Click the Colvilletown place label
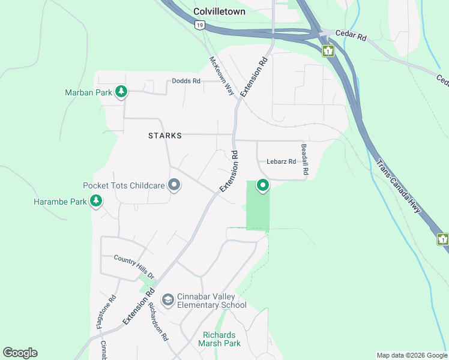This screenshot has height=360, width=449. coord(219,11)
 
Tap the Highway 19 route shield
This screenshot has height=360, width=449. coord(199,25)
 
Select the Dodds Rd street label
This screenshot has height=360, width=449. coord(185,81)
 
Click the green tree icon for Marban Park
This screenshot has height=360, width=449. coord(122,92)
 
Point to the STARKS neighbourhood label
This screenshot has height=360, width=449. coord(164,136)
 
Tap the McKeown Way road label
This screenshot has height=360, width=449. coord(221,76)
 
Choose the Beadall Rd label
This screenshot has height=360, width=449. coord(304,159)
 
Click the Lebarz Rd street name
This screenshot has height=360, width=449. coord(281,161)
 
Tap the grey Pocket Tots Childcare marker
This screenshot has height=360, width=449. coord(174,185)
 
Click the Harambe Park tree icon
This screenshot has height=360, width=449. coord(96,202)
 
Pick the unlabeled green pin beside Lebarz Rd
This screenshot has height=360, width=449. coord(262,186)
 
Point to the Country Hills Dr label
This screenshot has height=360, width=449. coord(134,268)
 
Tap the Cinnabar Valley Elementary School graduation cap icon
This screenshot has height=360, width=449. coord(167,299)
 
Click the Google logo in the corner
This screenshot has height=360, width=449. coord(20,353)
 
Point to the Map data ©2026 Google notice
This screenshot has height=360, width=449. coord(412,355)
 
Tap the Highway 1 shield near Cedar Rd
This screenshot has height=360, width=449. coord(328,50)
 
